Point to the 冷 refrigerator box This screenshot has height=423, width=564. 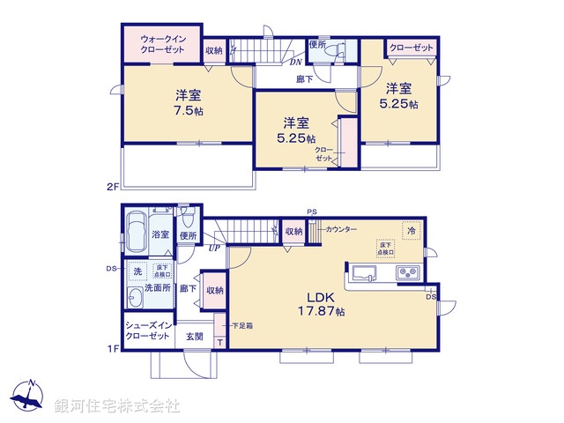(411, 229)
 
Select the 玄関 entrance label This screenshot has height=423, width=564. (195, 336)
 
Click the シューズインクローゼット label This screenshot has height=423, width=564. (148, 331)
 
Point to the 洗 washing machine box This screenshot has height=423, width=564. (137, 271)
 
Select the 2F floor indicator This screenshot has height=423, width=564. (112, 186)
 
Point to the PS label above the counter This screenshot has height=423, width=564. (311, 211)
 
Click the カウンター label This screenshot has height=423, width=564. (340, 229)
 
